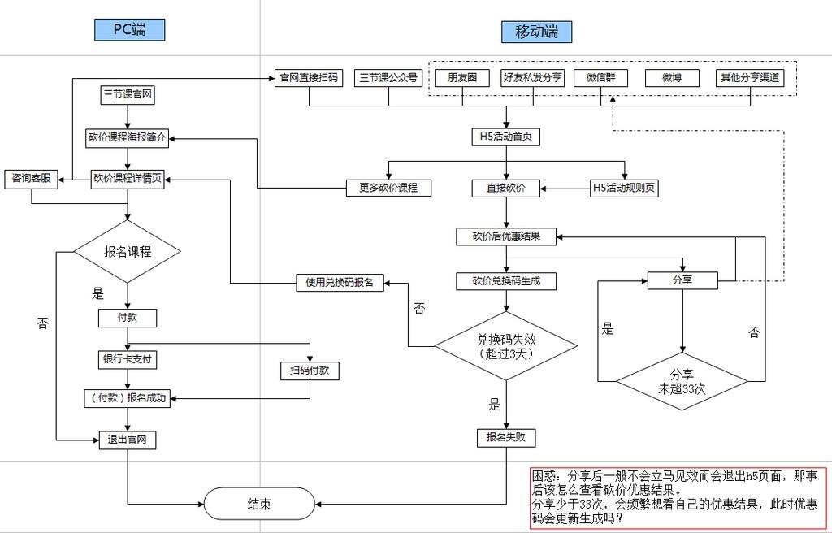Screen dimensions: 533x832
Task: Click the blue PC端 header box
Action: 129,30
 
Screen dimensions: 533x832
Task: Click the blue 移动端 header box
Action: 536,32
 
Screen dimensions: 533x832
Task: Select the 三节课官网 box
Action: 128,94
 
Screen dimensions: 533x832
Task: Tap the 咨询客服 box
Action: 31,179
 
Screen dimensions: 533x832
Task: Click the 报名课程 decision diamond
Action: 127,251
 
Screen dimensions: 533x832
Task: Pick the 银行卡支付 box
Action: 126,358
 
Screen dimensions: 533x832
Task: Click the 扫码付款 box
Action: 309,370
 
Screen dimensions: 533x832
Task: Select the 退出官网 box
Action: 127,440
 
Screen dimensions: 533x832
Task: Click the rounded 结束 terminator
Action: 258,504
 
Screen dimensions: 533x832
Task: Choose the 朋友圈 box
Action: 462,78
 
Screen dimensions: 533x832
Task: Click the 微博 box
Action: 672,78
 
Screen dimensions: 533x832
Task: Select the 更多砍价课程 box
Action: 388,188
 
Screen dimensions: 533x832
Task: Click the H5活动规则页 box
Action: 624,188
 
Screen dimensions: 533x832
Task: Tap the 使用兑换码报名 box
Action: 340,283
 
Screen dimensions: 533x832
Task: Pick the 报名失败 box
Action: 506,437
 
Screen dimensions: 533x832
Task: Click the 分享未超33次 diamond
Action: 681,380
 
